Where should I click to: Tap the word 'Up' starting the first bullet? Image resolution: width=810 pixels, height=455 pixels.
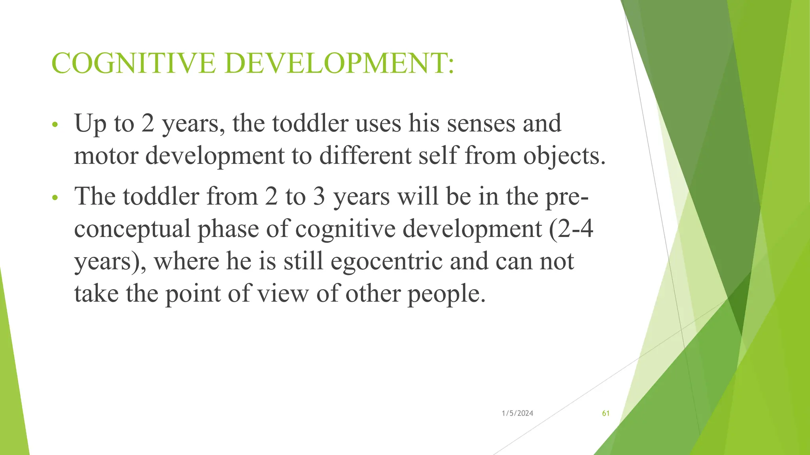point(90,124)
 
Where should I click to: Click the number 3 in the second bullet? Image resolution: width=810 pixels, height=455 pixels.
point(319,196)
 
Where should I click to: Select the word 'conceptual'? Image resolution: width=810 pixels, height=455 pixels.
point(132,229)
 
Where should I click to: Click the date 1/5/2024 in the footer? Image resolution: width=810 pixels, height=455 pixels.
point(517,414)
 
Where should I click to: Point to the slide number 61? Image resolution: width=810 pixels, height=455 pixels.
point(606,414)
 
